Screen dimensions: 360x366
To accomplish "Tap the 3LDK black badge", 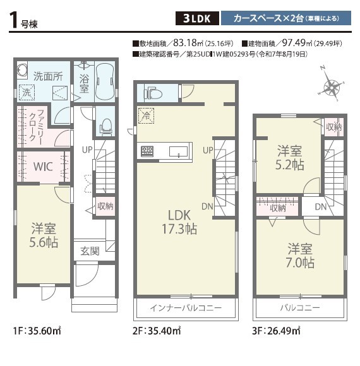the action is pyautogui.click(x=197, y=18).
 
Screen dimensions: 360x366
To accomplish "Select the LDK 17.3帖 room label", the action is pyautogui.click(x=179, y=222).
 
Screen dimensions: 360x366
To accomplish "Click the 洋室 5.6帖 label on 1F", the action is pyautogui.click(x=44, y=235).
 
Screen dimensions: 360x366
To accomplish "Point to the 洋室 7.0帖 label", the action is pyautogui.click(x=300, y=256).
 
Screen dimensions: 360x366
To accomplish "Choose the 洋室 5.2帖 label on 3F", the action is pyautogui.click(x=290, y=157).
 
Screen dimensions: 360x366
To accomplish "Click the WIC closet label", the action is pyautogui.click(x=43, y=167).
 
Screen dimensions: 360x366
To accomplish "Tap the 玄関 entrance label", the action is pyautogui.click(x=90, y=251).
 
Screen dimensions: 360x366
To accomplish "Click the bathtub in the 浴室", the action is pyautogui.click(x=105, y=81).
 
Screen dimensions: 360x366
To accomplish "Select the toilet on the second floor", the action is pyautogui.click(x=153, y=93).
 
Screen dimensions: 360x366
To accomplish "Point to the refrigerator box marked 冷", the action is pyautogui.click(x=147, y=115).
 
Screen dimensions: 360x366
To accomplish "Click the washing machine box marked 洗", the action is pyautogui.click(x=27, y=92).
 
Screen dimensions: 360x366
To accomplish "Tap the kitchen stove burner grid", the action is pyautogui.click(x=147, y=151).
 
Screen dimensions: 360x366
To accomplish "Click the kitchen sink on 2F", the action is pyautogui.click(x=179, y=152).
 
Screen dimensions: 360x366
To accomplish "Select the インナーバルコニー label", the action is pyautogui.click(x=186, y=308).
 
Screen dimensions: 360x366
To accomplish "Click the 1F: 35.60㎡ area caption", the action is pyautogui.click(x=37, y=331).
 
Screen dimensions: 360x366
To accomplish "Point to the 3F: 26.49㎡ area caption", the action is pyautogui.click(x=276, y=331).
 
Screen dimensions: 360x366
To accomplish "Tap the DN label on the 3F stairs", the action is pyautogui.click(x=320, y=206).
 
